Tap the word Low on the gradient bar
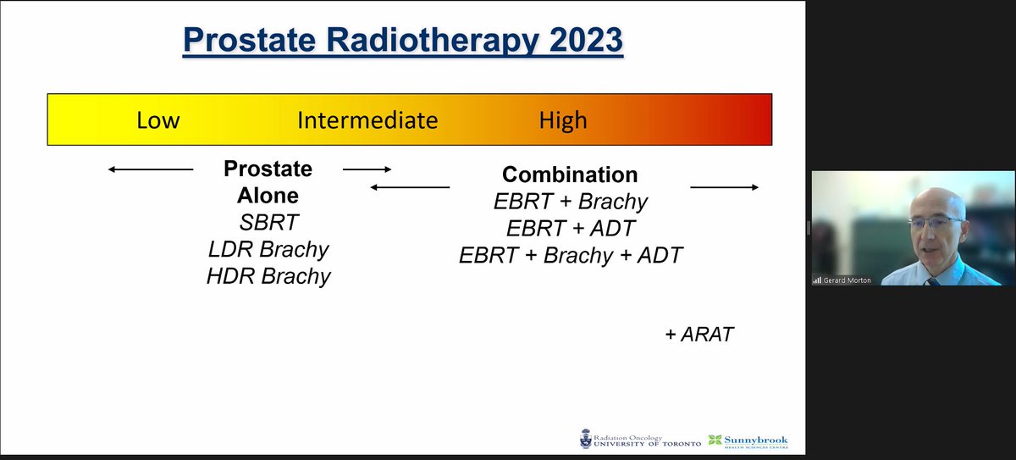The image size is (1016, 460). coord(157,120)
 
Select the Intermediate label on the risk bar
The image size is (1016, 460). coord(367,120)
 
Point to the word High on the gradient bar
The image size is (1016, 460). coord(562,120)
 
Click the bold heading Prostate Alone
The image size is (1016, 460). coord(268,182)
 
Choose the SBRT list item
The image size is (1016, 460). coord(268,223)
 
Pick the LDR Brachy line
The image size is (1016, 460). coord(268,250)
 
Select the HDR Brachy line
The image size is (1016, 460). coord(268,276)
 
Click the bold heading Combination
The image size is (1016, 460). coord(569,175)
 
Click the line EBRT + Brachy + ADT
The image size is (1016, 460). coord(570,255)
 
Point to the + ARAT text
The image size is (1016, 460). coord(698,335)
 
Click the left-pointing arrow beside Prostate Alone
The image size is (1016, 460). coord(151,170)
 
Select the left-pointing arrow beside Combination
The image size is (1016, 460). coord(411,186)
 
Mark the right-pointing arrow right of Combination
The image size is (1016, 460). coord(725,186)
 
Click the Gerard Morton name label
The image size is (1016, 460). coord(847,280)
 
